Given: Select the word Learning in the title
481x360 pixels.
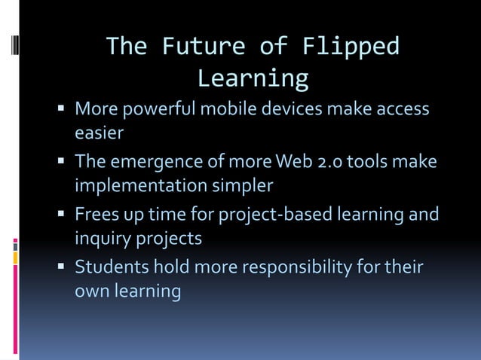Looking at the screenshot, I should (253, 78).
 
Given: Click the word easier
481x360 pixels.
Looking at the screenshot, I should (99, 133).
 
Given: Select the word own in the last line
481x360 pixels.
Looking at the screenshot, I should (90, 291).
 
